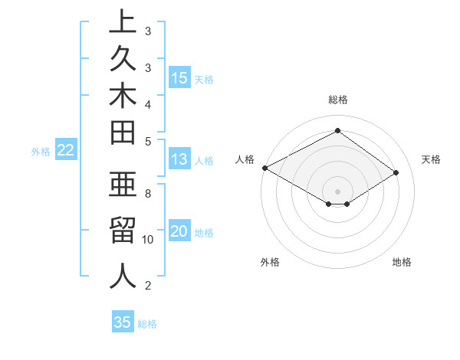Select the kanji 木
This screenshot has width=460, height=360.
[123, 97]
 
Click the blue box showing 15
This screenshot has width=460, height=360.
[179, 78]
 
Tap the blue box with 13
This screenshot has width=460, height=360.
[179, 160]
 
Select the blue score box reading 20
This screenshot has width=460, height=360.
[179, 232]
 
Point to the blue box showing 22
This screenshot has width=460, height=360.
[65, 150]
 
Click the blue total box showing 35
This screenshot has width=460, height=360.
[123, 322]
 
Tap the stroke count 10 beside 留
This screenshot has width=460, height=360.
[148, 240]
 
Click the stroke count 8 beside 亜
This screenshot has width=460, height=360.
[148, 194]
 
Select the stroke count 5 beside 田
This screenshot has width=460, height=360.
[148, 141]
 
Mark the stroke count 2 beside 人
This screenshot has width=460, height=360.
[148, 286]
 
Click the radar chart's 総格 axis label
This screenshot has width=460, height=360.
[337, 100]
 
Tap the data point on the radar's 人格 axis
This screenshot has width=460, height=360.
[264, 168]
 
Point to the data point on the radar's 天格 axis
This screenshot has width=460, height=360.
[396, 172]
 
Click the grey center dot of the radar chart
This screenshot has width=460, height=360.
[337, 191]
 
